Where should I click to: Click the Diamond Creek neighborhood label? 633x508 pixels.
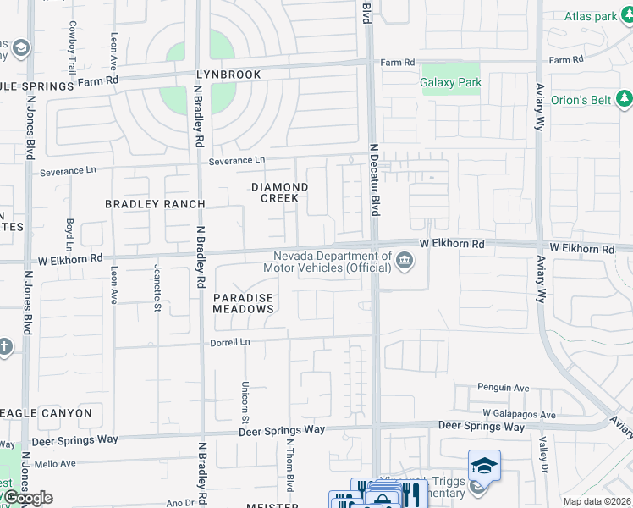tap(279, 192)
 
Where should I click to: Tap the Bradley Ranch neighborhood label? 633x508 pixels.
tap(155, 204)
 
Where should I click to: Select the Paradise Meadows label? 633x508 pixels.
tap(243, 304)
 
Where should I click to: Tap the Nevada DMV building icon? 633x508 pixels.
tap(405, 260)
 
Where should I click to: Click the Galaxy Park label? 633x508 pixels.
tap(450, 82)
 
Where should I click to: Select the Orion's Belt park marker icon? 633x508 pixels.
tap(625, 101)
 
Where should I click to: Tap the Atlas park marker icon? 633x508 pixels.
tap(625, 16)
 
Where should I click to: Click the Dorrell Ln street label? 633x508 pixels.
tap(231, 342)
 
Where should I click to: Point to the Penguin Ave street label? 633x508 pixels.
tap(504, 388)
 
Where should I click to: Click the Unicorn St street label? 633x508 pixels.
tap(245, 402)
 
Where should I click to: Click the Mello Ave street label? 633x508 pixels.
tap(55, 463)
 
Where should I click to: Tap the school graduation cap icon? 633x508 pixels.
tap(484, 465)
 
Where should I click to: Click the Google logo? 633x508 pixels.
tap(27, 498)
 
